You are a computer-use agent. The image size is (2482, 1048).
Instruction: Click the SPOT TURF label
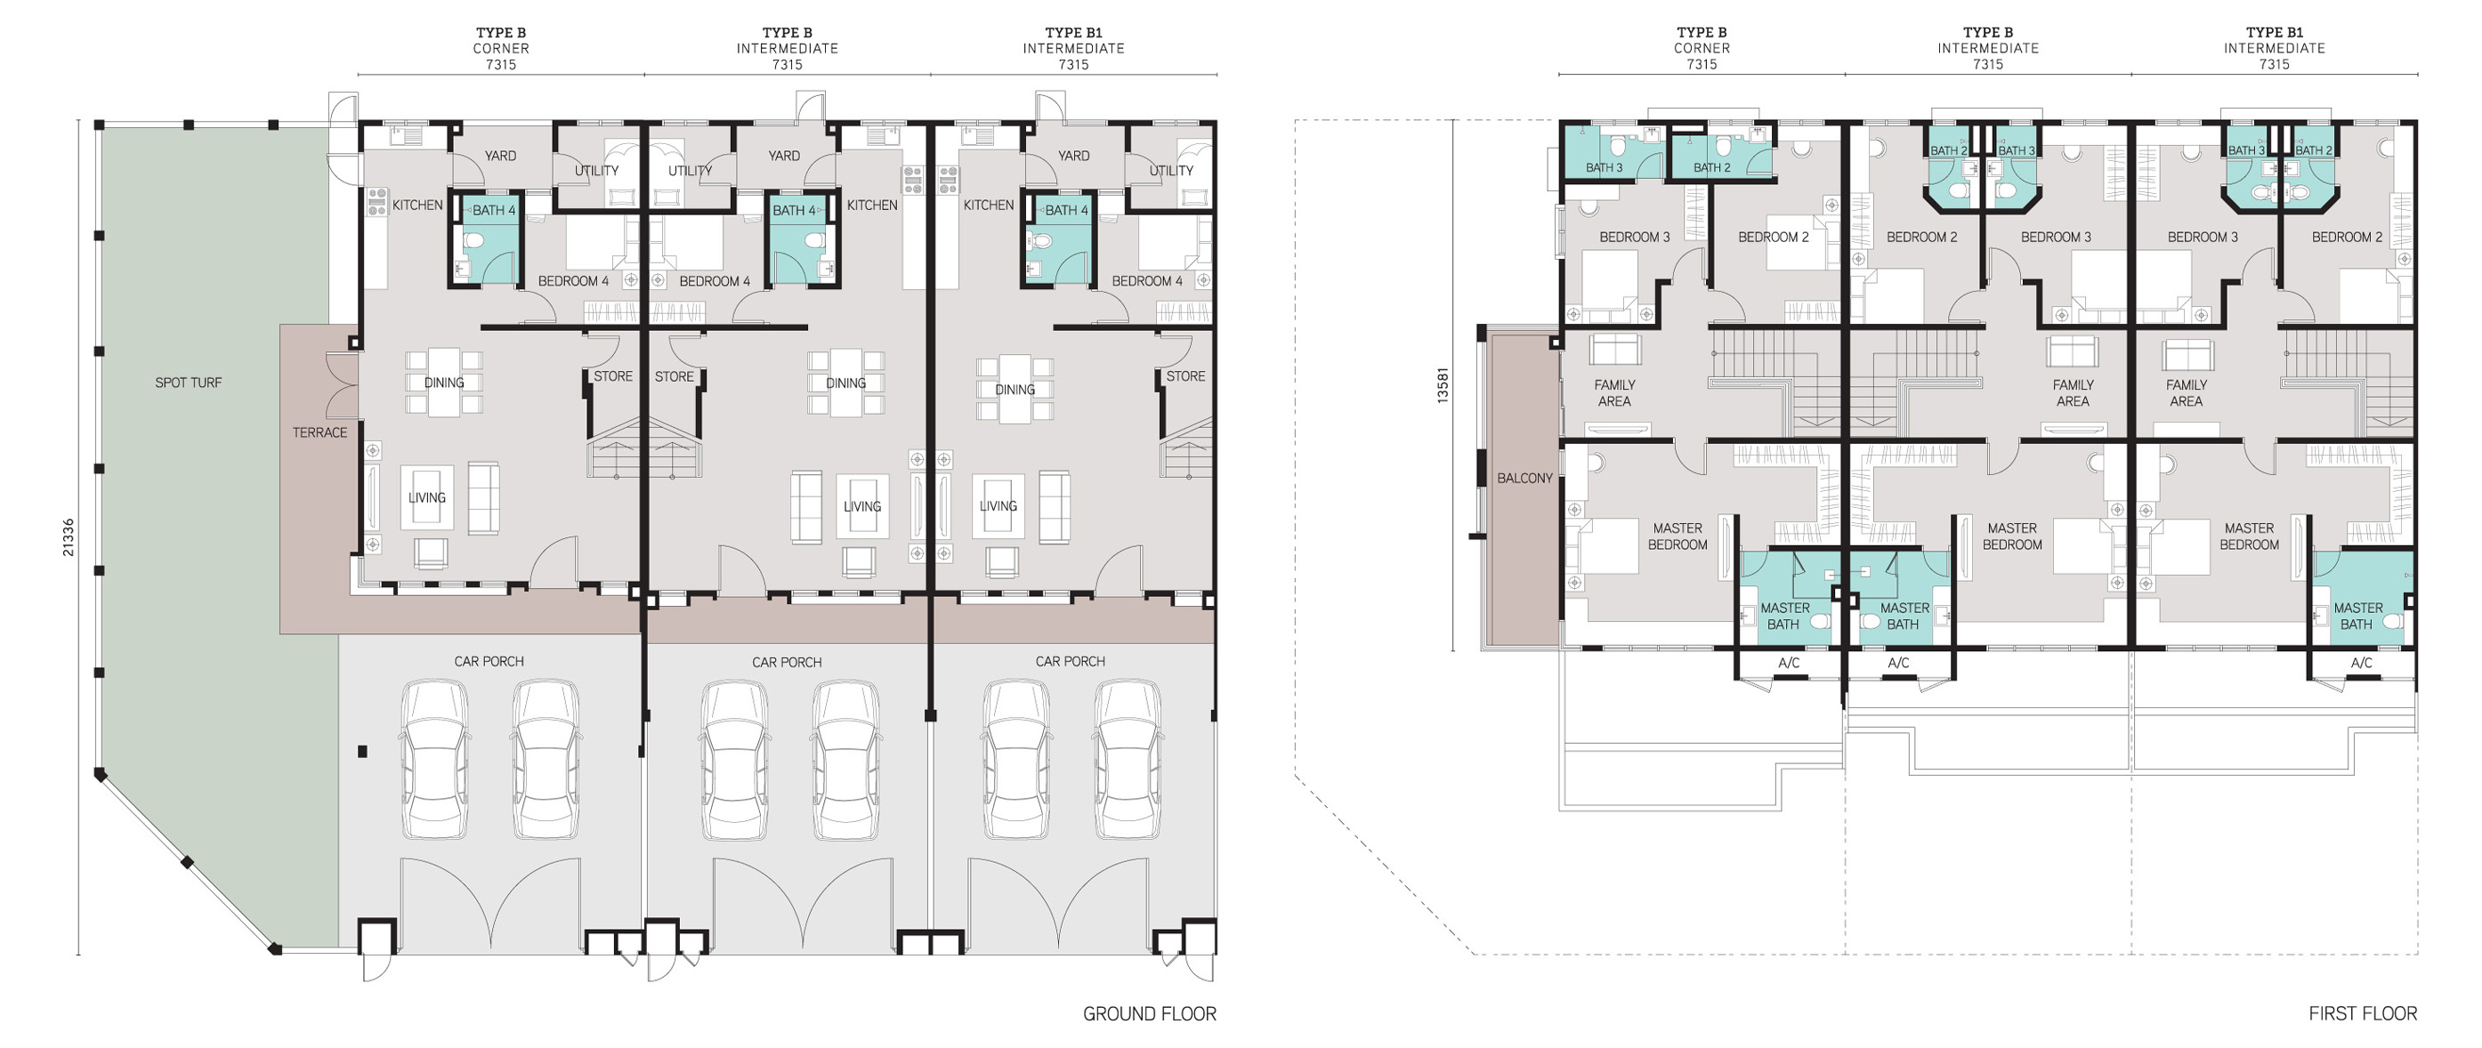[x=189, y=383]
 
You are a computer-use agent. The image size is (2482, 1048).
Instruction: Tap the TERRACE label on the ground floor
[x=319, y=432]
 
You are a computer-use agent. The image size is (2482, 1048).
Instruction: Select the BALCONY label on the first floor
[x=1525, y=478]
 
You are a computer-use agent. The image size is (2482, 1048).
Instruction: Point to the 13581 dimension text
[x=1443, y=383]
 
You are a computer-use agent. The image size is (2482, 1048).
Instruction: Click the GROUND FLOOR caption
[x=1150, y=1013]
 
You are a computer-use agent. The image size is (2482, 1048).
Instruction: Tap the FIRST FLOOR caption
[x=2363, y=1013]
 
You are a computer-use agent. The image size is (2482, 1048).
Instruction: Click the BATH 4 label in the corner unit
[x=493, y=210]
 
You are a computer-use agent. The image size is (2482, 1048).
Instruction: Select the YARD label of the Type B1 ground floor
[x=1073, y=155]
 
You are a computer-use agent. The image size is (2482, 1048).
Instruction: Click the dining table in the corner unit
[x=444, y=383]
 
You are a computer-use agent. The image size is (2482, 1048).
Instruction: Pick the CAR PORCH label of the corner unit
[x=489, y=661]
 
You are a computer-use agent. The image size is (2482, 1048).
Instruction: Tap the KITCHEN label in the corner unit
[x=417, y=206]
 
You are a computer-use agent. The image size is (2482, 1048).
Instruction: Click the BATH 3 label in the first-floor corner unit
[x=1605, y=167]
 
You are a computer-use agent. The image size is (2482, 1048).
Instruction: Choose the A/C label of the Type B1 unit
[x=2362, y=663]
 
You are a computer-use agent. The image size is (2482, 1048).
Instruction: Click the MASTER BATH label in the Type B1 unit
[x=2357, y=616]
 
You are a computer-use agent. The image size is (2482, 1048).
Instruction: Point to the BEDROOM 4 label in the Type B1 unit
[x=1146, y=281]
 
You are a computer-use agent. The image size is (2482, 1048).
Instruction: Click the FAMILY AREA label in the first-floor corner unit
[x=1615, y=393]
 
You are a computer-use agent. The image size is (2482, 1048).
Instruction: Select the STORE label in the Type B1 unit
[x=1185, y=375]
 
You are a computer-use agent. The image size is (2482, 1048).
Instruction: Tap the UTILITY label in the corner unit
[x=596, y=171]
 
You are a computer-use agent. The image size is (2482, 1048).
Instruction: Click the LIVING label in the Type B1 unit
[x=998, y=505]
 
